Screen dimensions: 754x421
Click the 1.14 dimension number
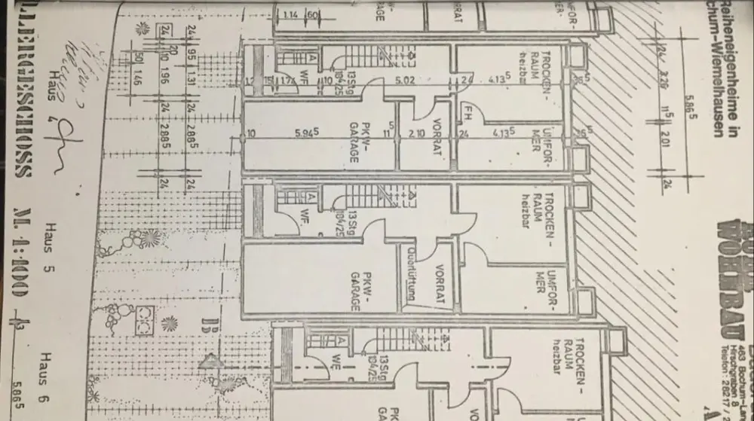coord(289,15)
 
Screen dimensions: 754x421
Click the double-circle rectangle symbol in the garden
coord(143,318)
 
